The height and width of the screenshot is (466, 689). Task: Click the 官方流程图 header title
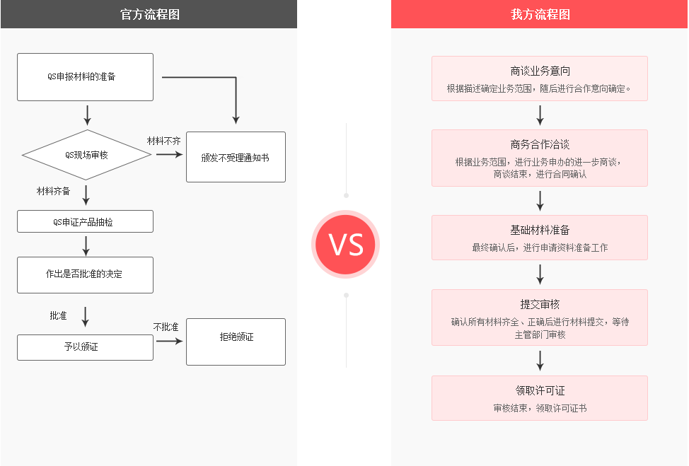coord(149,14)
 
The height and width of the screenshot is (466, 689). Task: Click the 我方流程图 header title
coord(540,14)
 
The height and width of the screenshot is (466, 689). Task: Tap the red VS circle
coord(346,245)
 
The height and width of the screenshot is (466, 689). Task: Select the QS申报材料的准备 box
coord(85,76)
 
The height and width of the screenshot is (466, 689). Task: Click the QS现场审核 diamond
coord(86,155)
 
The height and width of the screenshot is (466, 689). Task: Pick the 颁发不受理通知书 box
coord(236,157)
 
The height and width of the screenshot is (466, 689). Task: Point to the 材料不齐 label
coord(164,141)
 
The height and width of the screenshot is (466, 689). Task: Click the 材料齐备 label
coord(54,191)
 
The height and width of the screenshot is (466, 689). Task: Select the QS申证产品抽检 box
coord(85,222)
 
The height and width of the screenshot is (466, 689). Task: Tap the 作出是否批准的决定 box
coord(85,274)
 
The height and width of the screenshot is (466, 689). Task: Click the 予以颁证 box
coord(85,347)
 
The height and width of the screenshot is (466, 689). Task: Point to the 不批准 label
coord(166,327)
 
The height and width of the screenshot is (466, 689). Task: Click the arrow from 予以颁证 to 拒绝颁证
coord(170,341)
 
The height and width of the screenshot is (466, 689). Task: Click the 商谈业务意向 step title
coord(540,71)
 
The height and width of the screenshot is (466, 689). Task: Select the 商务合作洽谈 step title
coord(540,144)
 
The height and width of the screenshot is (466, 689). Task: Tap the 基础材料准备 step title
coord(540,230)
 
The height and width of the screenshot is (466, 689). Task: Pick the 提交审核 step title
coord(540,304)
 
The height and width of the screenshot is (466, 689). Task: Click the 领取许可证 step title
coord(540,390)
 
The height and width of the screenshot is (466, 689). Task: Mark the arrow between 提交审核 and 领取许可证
coord(540,361)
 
